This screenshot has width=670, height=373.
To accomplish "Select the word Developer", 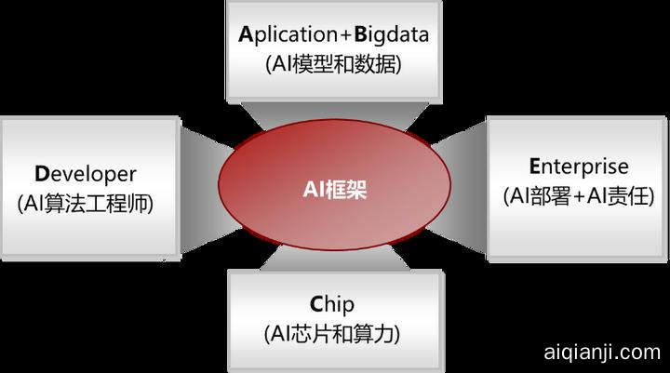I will click(86, 174).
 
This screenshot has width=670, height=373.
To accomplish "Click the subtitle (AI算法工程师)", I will click(86, 203).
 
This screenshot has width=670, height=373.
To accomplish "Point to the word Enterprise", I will click(579, 167).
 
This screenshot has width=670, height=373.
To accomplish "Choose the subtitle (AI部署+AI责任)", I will click(579, 196).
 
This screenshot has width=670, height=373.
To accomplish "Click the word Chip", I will click(333, 304).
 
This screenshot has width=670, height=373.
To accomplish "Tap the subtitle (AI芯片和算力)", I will click(333, 333).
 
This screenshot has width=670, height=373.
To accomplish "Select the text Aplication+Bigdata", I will click(333, 36).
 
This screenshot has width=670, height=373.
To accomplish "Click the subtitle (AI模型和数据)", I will click(333, 65).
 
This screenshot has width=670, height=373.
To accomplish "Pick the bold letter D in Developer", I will click(41, 174).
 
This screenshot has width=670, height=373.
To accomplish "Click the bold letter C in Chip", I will click(316, 304).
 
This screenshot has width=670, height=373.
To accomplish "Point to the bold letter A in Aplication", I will click(245, 36).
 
